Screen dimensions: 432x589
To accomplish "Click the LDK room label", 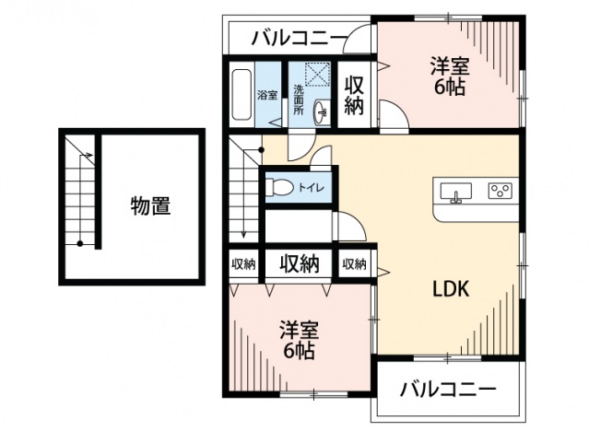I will [x=453, y=288].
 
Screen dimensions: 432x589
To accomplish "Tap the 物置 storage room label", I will [x=149, y=206].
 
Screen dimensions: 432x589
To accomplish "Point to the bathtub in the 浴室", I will [x=241, y=95].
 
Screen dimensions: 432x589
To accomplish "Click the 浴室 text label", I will [x=267, y=95].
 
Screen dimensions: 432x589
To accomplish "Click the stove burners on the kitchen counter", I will [x=500, y=192].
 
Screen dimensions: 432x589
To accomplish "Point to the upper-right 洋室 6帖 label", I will [x=450, y=76].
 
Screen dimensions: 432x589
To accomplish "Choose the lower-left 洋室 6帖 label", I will [x=299, y=340].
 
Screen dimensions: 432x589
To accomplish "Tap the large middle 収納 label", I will [x=300, y=263].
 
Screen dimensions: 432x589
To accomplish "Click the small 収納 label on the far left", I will [x=243, y=263].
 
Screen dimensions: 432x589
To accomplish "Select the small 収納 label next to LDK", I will [x=354, y=263].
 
